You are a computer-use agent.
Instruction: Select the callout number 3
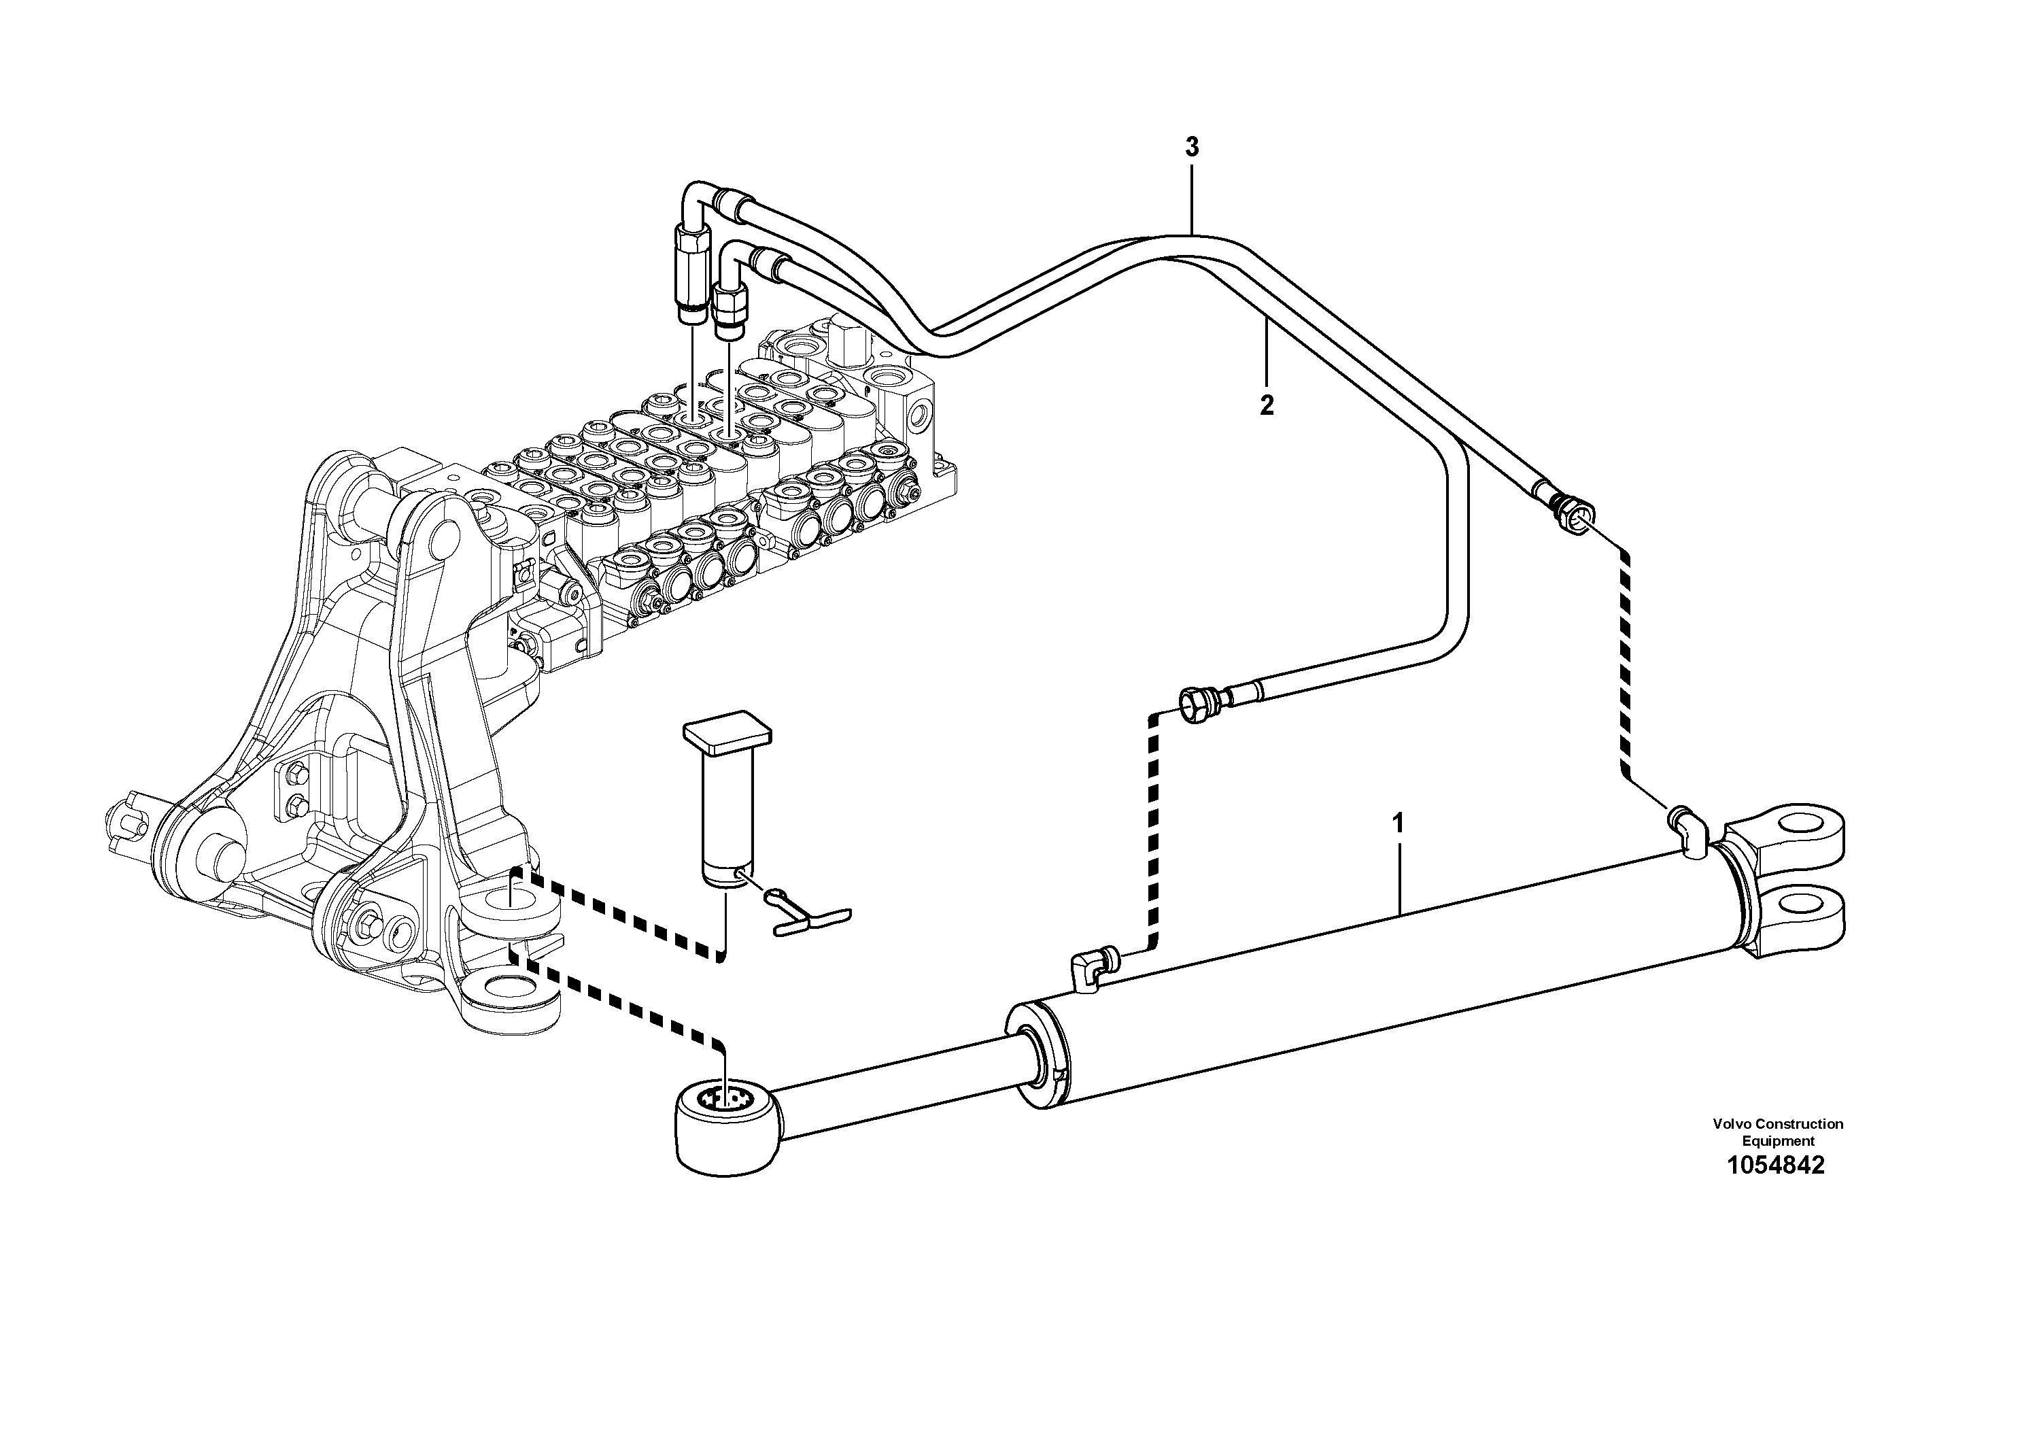[x=1192, y=148]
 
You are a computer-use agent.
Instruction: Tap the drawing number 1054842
[x=1775, y=1165]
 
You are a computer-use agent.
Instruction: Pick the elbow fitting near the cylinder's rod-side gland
[x=1091, y=970]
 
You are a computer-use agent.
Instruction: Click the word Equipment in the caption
[x=1777, y=1141]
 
